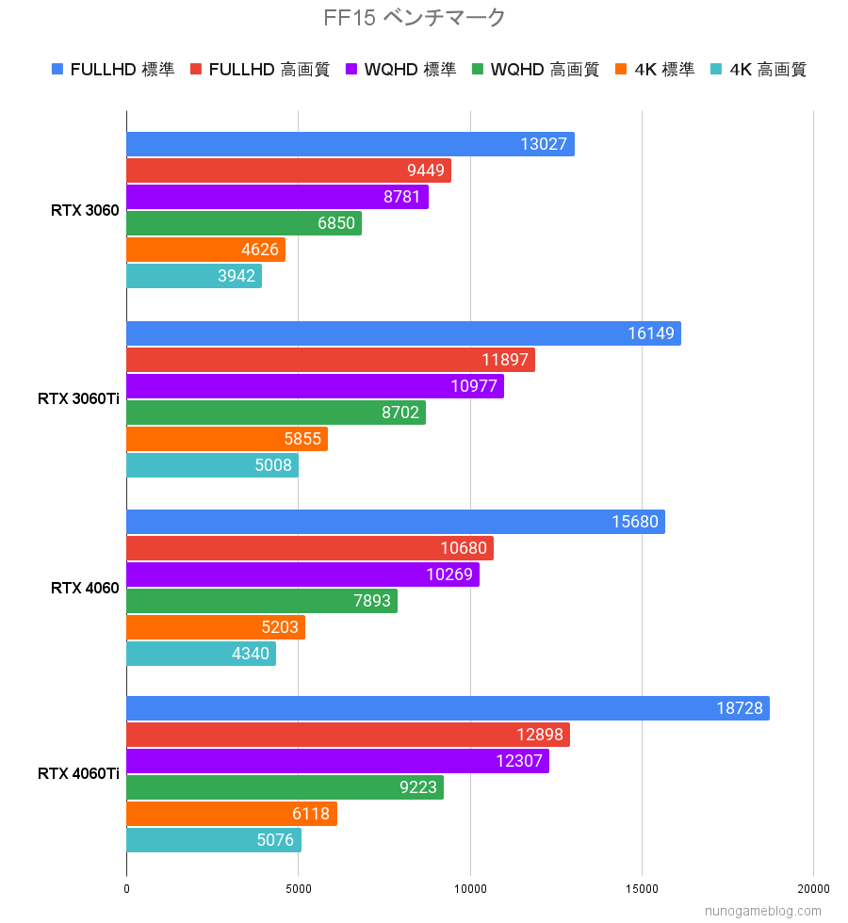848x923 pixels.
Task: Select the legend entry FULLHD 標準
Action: tap(113, 69)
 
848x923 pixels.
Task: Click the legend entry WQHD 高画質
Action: tap(535, 69)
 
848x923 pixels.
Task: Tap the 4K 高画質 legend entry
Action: tap(759, 69)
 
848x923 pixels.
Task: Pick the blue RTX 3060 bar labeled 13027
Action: tap(350, 144)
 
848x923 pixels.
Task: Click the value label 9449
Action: tap(427, 170)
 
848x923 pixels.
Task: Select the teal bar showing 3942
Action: tap(194, 276)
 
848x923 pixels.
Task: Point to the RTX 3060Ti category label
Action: tap(78, 399)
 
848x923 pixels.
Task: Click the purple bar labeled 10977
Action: tap(315, 386)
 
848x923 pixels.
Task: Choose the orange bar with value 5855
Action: tap(226, 439)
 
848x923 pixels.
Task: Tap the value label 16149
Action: tap(651, 333)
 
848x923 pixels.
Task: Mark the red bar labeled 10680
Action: tap(309, 548)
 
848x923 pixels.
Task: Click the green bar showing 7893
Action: tap(261, 601)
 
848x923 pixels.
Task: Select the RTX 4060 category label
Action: tap(85, 588)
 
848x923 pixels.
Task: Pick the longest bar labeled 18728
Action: tap(448, 708)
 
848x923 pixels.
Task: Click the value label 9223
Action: tap(418, 787)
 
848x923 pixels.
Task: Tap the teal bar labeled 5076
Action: tap(213, 840)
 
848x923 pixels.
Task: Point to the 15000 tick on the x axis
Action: tap(642, 888)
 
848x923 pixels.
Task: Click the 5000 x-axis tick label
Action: tap(298, 888)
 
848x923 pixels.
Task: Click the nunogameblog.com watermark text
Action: tap(763, 912)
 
